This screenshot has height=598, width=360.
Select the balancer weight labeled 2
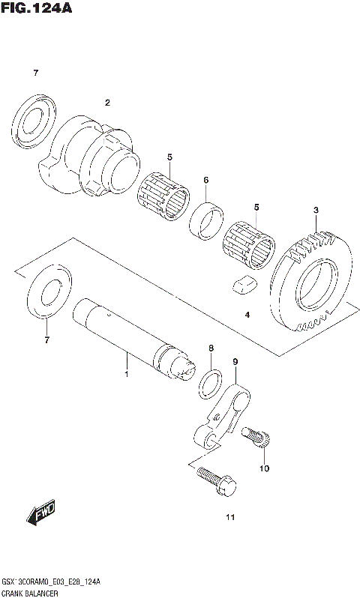pyautogui.click(x=94, y=154)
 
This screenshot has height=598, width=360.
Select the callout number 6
pyautogui.click(x=205, y=180)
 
